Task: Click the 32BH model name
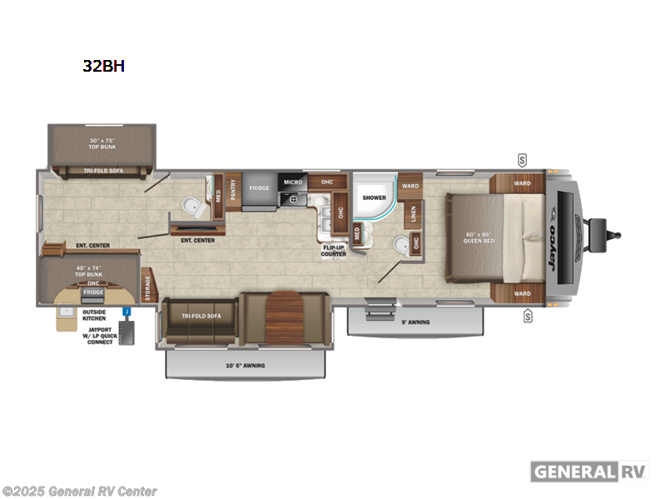point(103,66)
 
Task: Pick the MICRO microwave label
point(292,182)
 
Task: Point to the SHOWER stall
point(374,197)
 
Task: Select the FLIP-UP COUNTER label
point(334,251)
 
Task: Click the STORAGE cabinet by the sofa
point(147,285)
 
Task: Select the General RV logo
point(589,471)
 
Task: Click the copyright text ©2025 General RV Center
point(80,491)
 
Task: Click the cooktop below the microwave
point(293,199)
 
